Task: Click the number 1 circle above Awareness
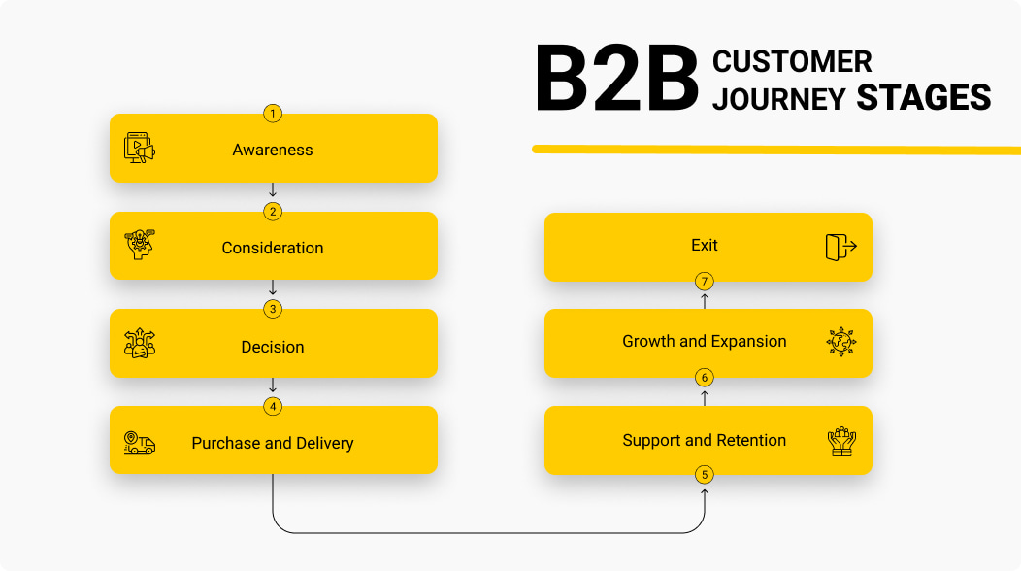click(273, 114)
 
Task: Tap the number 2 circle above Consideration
click(273, 212)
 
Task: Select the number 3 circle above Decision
click(273, 309)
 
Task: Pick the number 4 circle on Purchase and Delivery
click(273, 406)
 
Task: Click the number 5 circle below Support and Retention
click(705, 475)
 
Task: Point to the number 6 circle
click(705, 377)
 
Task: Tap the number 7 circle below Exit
click(705, 282)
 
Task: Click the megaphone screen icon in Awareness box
click(140, 149)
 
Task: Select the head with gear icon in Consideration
click(140, 247)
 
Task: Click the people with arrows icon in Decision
click(140, 344)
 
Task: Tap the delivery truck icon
click(140, 443)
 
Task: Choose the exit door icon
click(840, 247)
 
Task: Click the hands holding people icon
click(840, 442)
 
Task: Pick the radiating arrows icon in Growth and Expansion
click(840, 342)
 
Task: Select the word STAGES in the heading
click(923, 98)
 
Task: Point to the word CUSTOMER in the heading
click(792, 62)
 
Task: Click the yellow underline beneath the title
click(776, 149)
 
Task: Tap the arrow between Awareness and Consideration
click(273, 190)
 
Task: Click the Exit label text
click(705, 246)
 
